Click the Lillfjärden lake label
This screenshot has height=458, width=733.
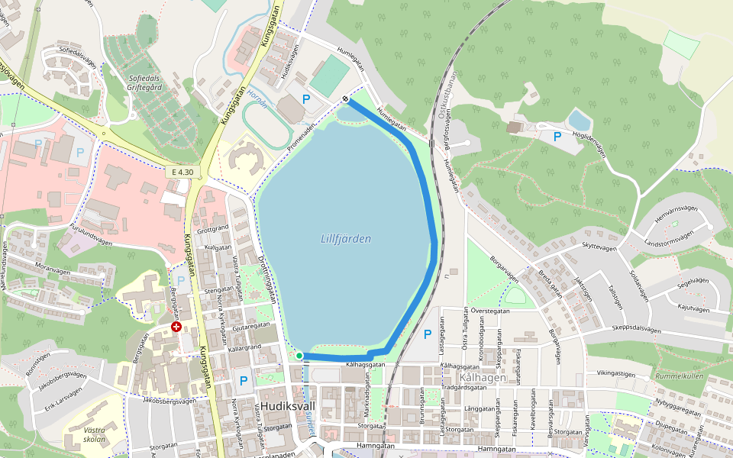tap(346, 239)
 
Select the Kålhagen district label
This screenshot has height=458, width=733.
tap(483, 378)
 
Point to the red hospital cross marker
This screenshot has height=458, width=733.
tap(176, 327)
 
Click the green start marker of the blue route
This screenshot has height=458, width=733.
tap(299, 356)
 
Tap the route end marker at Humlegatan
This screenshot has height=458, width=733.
tap(346, 98)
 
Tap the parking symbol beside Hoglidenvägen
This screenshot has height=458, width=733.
tap(557, 136)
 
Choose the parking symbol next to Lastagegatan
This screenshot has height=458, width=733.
tap(428, 334)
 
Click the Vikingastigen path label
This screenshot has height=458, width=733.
tap(615, 374)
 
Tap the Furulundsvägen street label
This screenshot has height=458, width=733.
tap(91, 236)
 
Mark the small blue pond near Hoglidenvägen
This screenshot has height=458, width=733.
tap(580, 120)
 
